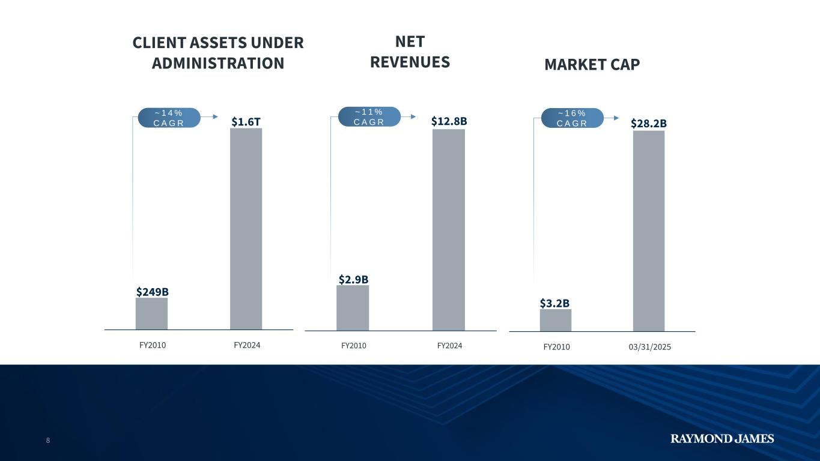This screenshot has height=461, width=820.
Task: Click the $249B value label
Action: click(x=152, y=292)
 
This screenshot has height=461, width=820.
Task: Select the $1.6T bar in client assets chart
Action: click(x=246, y=228)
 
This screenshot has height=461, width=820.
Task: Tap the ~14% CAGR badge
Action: click(x=169, y=118)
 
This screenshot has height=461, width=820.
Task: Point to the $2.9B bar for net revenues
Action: click(x=353, y=307)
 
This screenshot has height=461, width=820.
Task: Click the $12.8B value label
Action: click(x=449, y=121)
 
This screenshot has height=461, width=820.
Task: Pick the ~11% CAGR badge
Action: click(x=369, y=116)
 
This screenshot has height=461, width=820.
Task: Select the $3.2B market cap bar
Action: click(x=556, y=320)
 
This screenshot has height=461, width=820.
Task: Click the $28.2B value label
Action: click(x=649, y=123)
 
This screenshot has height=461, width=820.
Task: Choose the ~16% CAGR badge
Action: click(x=572, y=118)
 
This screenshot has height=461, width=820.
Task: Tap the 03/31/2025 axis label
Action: click(x=649, y=347)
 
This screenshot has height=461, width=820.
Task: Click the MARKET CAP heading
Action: click(x=592, y=64)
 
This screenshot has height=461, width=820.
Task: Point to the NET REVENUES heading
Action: click(x=410, y=52)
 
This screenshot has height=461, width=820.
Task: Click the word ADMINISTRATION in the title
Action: click(x=217, y=63)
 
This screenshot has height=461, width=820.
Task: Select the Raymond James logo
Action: click(x=722, y=439)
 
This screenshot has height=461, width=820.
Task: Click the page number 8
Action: click(x=48, y=441)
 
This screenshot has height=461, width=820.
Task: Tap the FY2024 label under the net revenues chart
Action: click(x=449, y=346)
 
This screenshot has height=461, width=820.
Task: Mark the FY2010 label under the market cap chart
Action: click(x=556, y=347)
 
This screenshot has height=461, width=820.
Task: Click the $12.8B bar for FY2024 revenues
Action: click(x=449, y=229)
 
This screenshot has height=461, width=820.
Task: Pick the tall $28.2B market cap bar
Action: click(x=649, y=230)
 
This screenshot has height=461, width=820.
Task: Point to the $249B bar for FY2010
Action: click(x=151, y=313)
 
